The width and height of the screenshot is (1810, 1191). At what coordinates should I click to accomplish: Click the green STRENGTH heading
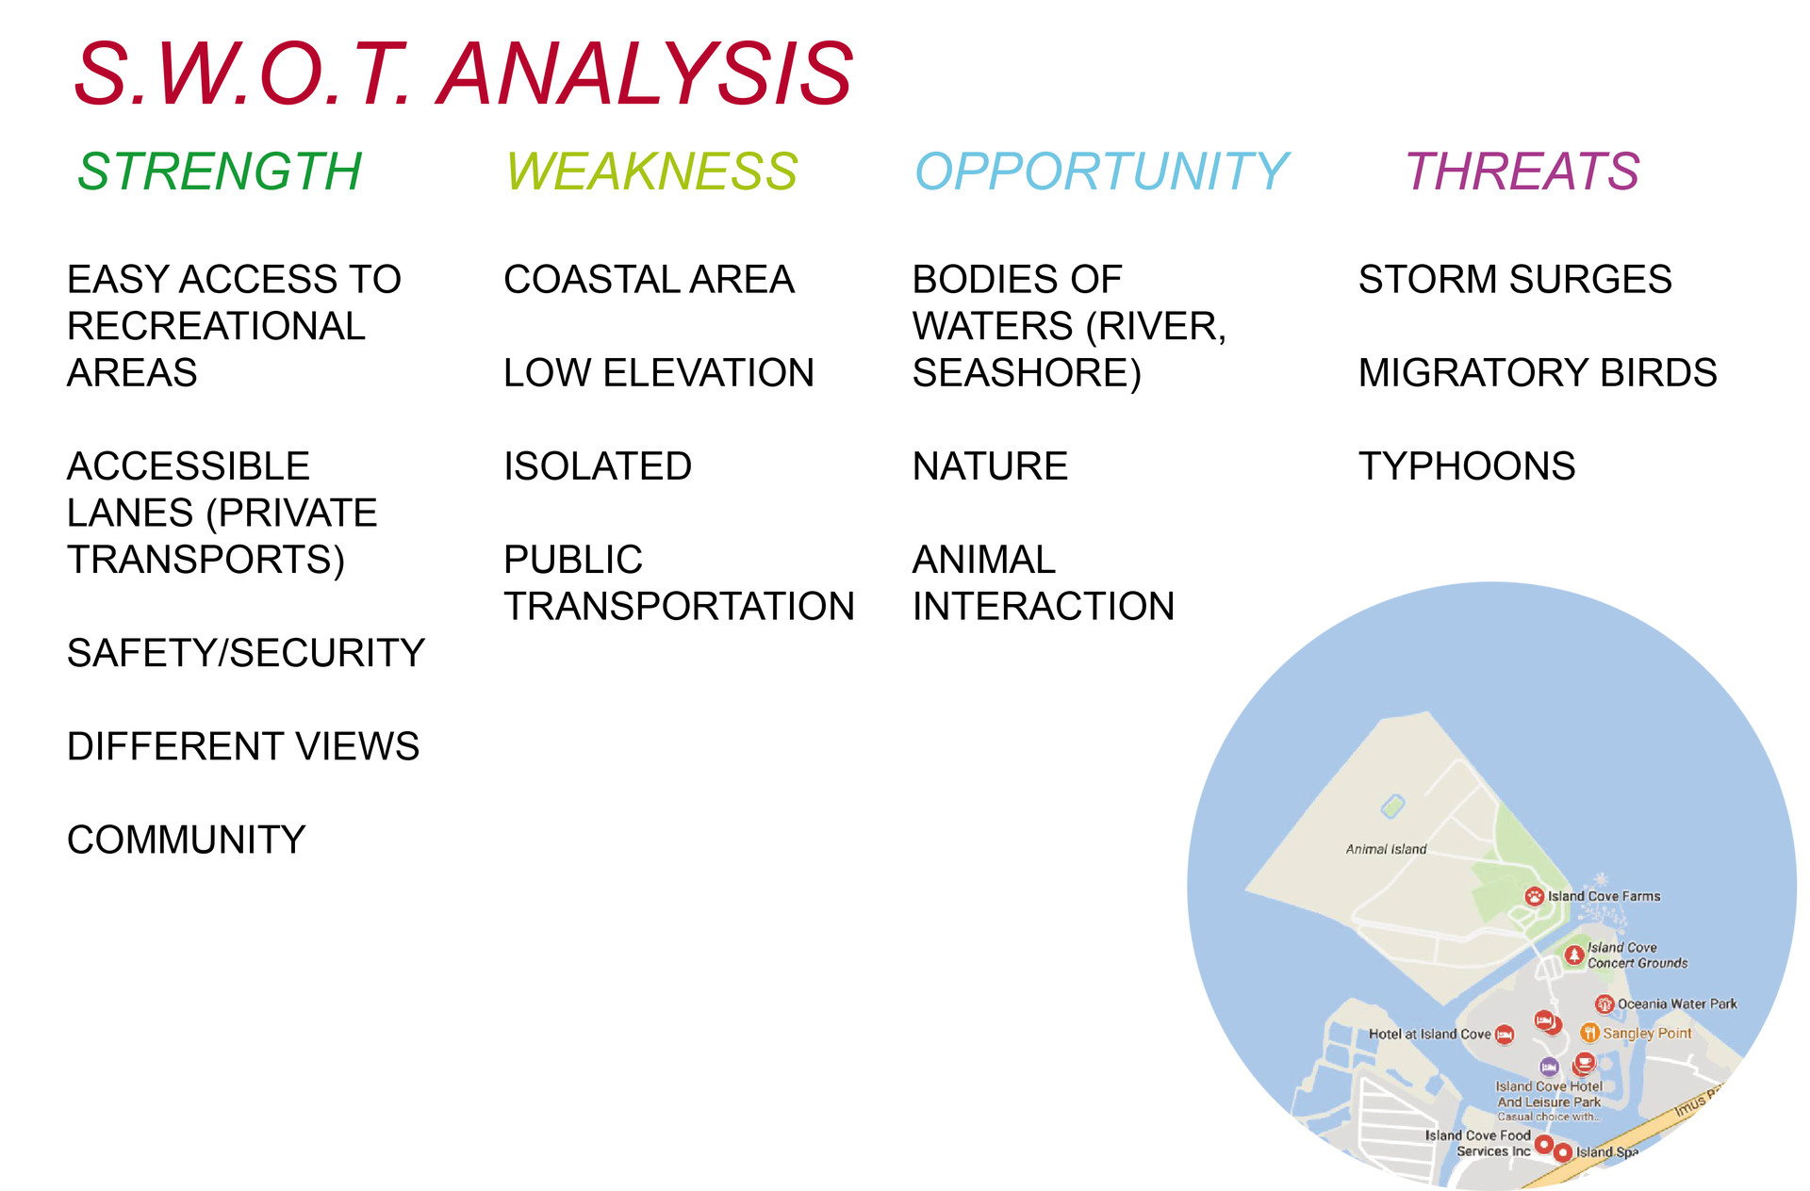(220, 171)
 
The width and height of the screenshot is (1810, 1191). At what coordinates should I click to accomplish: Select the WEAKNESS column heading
(651, 171)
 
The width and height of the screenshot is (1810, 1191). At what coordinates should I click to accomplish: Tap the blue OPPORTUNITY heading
(1101, 171)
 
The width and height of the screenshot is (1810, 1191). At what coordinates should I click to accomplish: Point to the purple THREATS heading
(1522, 171)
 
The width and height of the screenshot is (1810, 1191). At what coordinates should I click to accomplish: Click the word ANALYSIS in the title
(646, 73)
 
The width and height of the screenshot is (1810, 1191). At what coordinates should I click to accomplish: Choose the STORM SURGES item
(1515, 280)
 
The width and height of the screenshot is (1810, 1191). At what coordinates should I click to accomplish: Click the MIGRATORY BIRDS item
(1538, 373)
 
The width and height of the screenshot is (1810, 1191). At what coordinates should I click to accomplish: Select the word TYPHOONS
(1467, 466)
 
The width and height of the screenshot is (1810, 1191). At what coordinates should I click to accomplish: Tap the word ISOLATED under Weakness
(598, 466)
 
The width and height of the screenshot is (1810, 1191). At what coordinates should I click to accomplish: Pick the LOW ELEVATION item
(659, 373)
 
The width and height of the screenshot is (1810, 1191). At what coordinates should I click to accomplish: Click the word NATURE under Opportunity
(990, 466)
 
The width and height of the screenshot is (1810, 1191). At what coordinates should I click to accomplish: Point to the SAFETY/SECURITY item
(246, 653)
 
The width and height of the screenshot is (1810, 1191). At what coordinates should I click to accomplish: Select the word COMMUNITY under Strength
(187, 840)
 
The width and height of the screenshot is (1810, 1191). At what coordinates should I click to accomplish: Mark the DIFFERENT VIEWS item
(243, 746)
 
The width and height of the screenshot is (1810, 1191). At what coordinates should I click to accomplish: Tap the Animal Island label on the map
(1386, 849)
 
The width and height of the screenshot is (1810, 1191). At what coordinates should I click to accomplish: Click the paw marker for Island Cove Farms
(1535, 896)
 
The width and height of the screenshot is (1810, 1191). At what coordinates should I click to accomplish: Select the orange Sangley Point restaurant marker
(1589, 1033)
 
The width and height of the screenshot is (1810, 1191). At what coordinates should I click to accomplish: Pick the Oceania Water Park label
(1677, 1004)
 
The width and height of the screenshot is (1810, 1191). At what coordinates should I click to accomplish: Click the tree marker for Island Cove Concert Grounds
(1574, 955)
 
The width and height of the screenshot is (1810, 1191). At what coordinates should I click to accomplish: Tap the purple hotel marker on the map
(1549, 1068)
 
